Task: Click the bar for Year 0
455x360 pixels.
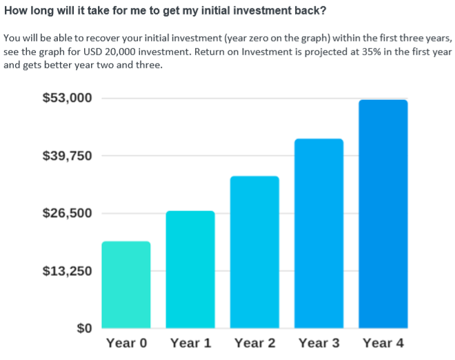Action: [126, 285]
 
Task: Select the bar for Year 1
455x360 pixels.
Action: [190, 270]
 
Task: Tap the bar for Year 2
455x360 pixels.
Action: [255, 252]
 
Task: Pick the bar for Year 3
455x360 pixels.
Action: [319, 234]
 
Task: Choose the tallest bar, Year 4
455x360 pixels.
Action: [383, 214]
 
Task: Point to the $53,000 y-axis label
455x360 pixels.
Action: [68, 98]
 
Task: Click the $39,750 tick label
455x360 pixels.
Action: [68, 156]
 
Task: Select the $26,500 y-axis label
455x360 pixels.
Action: [68, 213]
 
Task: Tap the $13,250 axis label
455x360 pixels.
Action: [68, 271]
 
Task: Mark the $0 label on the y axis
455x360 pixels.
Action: [84, 328]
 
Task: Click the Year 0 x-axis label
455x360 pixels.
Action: [127, 343]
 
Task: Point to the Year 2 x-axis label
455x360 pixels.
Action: [255, 343]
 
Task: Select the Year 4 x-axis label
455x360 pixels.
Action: [383, 343]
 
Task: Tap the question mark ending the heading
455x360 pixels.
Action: [323, 10]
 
